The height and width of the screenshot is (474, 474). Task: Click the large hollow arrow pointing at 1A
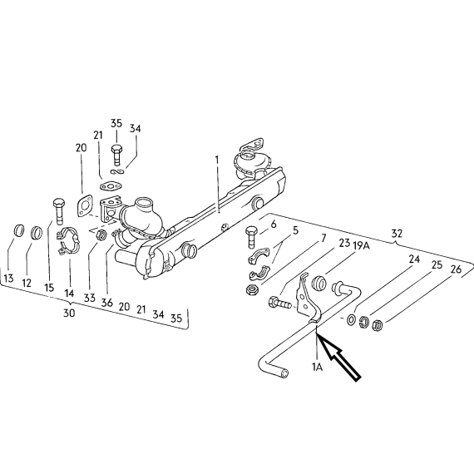pyautogui.click(x=339, y=358)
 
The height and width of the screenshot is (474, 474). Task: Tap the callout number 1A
pyautogui.click(x=317, y=367)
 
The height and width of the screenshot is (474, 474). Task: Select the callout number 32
pyautogui.click(x=397, y=234)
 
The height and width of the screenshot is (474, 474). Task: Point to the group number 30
pyautogui.click(x=69, y=313)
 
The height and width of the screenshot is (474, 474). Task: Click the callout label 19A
pyautogui.click(x=361, y=246)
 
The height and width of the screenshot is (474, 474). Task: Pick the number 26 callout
pyautogui.click(x=456, y=269)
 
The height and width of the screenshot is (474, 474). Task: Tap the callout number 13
pyautogui.click(x=9, y=278)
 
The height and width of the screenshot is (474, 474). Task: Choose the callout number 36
pyautogui.click(x=107, y=303)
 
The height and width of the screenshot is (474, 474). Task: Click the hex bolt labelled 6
pyautogui.click(x=252, y=237)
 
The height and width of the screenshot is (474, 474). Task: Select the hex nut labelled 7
pyautogui.click(x=253, y=290)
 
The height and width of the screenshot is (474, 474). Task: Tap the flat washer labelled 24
pyautogui.click(x=352, y=320)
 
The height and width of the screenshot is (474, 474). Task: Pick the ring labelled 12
pyautogui.click(x=37, y=233)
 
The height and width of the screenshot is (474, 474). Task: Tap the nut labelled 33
pyautogui.click(x=102, y=235)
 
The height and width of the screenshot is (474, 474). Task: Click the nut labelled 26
pyautogui.click(x=378, y=325)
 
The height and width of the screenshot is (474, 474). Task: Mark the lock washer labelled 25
pyautogui.click(x=364, y=322)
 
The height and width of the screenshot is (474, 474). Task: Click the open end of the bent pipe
pyautogui.click(x=284, y=373)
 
